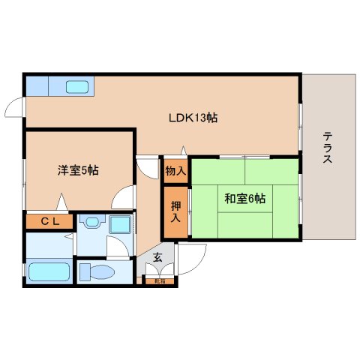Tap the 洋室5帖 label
pyautogui.click(x=77, y=170)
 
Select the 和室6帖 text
pyautogui.click(x=244, y=198)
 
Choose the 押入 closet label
pyautogui.click(x=175, y=212)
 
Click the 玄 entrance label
pyautogui.click(x=157, y=257)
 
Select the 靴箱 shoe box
pyautogui.click(x=159, y=281)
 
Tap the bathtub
pyautogui.click(x=49, y=271)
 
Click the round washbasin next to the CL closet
pyautogui.click(x=92, y=223)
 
